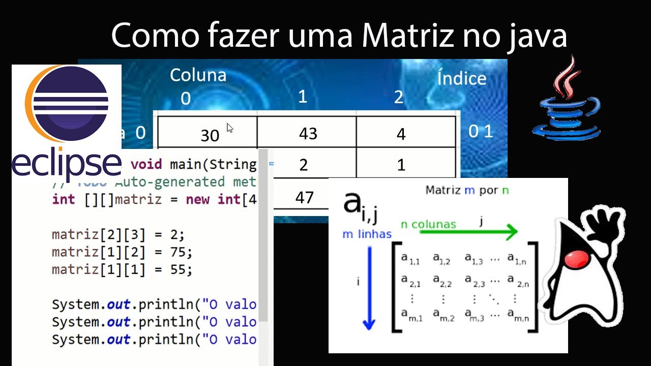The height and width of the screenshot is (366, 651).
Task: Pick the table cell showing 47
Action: pyautogui.click(x=304, y=197)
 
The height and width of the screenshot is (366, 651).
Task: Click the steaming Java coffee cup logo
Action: pyautogui.click(x=566, y=102)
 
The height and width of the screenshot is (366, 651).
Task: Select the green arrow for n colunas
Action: pyautogui.click(x=468, y=232)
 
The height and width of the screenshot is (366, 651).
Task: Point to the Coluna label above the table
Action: pyautogui.click(x=198, y=75)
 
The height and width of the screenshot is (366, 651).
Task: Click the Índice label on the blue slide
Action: pyautogui.click(x=461, y=78)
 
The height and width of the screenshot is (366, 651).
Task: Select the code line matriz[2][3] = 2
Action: pyautogui.click(x=118, y=235)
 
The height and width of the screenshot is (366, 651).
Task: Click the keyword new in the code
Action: pyautogui.click(x=197, y=199)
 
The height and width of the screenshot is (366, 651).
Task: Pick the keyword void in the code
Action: pyautogui.click(x=146, y=165)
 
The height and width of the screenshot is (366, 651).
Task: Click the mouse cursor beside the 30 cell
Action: pyautogui.click(x=230, y=128)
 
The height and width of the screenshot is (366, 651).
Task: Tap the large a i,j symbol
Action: pyautogui.click(x=359, y=205)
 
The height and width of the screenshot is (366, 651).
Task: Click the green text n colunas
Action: pyautogui.click(x=428, y=224)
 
